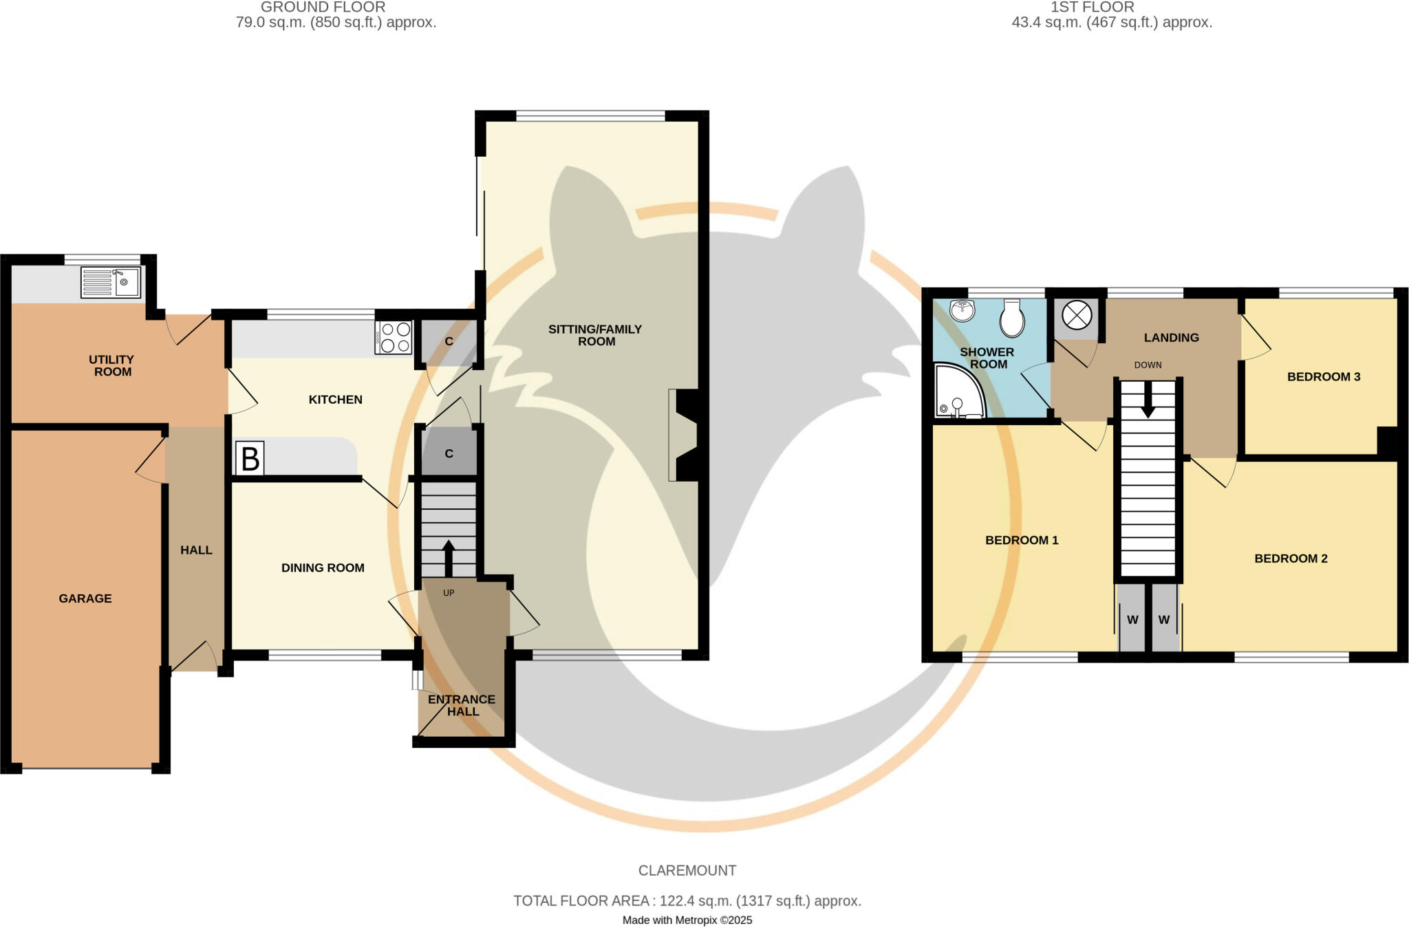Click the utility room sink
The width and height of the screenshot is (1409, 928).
coord(110,282)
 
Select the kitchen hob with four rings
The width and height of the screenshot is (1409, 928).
coord(394,338)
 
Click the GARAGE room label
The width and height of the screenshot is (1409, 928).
coord(85,598)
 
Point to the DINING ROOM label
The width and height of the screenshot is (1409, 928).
coord(323,568)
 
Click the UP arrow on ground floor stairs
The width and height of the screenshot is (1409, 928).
coord(449,557)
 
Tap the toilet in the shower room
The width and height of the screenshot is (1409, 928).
coord(1012,318)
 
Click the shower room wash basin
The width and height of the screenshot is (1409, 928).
coord(962,310)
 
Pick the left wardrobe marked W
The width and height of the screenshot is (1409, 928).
coord(1132,620)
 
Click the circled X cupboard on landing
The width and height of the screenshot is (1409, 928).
coord(1077,316)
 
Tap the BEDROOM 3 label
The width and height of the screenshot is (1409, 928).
coord(1324,377)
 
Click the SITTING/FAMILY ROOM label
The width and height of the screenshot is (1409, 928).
coord(595,335)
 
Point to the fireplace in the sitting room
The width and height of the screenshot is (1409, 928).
coord(686,435)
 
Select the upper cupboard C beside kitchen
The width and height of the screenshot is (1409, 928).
coord(449,342)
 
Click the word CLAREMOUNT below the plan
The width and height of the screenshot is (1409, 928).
coord(687,871)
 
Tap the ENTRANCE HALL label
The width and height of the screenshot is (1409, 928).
coord(462,705)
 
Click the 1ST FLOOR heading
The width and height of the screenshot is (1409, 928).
coord(1092,8)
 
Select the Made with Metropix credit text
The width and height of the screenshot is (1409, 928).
coord(687,920)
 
